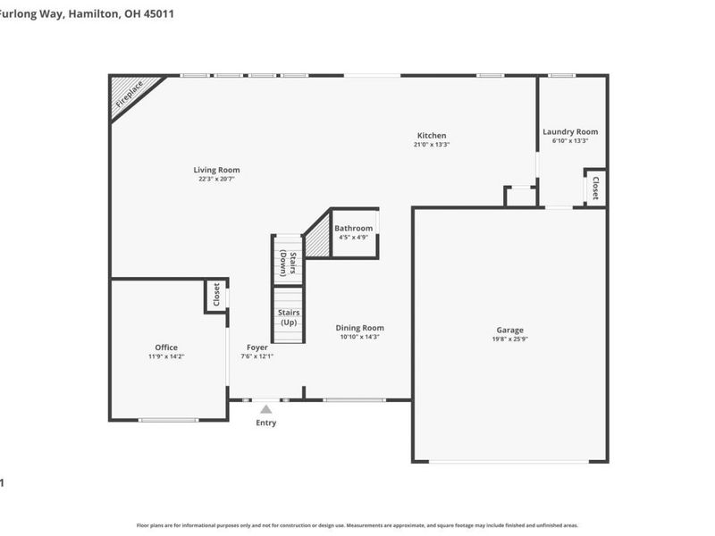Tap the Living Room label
pos(216,170)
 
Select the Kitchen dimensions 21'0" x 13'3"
pos(431,145)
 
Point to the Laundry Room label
pos(569,132)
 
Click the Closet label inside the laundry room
pos(595,188)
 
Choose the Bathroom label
pos(354,229)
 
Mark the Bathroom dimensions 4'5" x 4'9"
pos(354,238)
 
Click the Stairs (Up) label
pos(289,317)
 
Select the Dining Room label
pos(361,328)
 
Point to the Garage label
pos(510,331)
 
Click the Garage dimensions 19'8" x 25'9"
pos(510,339)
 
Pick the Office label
pos(166,348)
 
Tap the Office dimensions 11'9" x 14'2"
pos(166,356)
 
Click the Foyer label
pos(257,348)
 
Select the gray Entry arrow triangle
pos(265,409)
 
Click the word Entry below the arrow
pos(265,423)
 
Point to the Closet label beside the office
pos(216,295)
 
